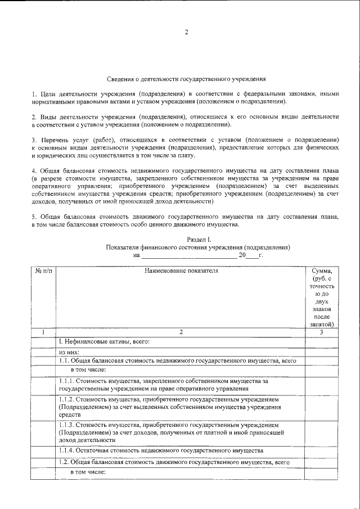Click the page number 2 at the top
[186, 32]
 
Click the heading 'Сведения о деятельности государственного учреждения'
[186, 80]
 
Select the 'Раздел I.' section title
[198, 240]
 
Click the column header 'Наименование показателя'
[181, 271]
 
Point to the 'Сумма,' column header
[322, 271]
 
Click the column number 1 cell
[43, 332]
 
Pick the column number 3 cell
[322, 332]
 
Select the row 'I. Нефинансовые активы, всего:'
[105, 341]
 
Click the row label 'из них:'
[69, 352]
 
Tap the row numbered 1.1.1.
[163, 385]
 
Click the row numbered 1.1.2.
[169, 407]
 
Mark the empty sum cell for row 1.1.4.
[322, 451]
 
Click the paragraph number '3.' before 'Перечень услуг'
[34, 138]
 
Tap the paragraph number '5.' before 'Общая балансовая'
[34, 216]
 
